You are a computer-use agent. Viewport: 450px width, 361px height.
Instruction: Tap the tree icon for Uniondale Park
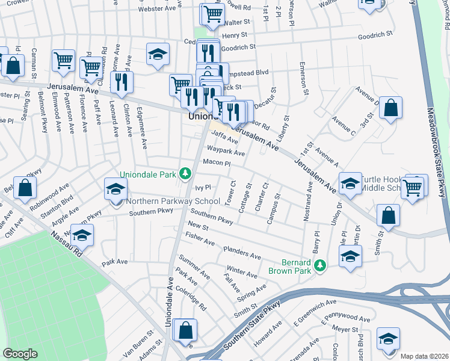(186, 174)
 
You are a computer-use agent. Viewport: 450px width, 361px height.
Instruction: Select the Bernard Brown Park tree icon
(321, 265)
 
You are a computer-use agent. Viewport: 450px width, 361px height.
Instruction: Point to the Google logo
(20, 354)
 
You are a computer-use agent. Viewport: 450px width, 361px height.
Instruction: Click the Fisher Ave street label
(200, 239)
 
